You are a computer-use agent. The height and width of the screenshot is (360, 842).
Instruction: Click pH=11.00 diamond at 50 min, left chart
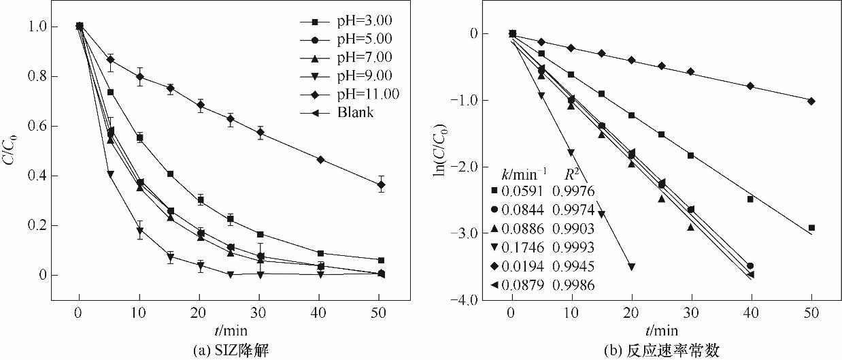(x=381, y=184)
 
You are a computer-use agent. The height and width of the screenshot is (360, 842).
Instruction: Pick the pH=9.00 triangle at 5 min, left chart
(x=110, y=174)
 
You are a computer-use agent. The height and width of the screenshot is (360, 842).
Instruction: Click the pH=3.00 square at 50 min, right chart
(x=811, y=228)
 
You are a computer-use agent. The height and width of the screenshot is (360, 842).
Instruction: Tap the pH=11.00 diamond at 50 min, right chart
(x=811, y=101)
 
